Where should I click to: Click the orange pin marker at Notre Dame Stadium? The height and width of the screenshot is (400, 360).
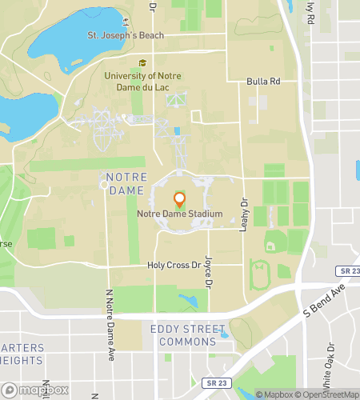(179, 199)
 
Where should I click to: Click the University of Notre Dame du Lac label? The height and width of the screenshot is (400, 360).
(143, 81)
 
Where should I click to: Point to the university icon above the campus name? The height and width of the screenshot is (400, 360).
(143, 64)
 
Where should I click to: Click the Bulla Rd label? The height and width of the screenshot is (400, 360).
(263, 82)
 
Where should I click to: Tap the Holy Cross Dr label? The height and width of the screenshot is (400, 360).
(172, 265)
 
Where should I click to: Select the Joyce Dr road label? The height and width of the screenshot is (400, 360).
(208, 272)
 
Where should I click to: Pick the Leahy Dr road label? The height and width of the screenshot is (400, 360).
(244, 215)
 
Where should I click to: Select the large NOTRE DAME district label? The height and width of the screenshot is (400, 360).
(124, 182)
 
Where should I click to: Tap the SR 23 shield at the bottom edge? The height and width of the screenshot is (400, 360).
(210, 383)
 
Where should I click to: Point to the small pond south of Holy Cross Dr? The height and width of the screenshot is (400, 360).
(189, 301)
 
